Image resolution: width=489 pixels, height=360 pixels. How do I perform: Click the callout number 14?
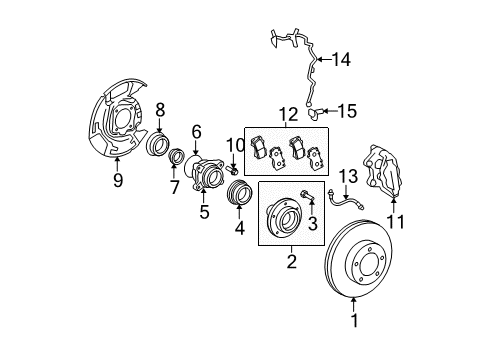tap(341, 59)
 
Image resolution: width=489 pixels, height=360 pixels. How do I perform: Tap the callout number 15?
tap(347, 111)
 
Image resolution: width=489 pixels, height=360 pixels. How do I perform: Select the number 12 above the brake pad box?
tap(289, 115)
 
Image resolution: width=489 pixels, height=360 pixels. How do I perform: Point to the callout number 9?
tap(118, 180)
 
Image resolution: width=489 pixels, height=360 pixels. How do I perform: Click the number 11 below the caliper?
tap(396, 221)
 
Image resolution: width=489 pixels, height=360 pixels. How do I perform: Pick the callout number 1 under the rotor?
tap(355, 320)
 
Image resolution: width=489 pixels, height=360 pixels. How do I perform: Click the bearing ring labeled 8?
tap(158, 143)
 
